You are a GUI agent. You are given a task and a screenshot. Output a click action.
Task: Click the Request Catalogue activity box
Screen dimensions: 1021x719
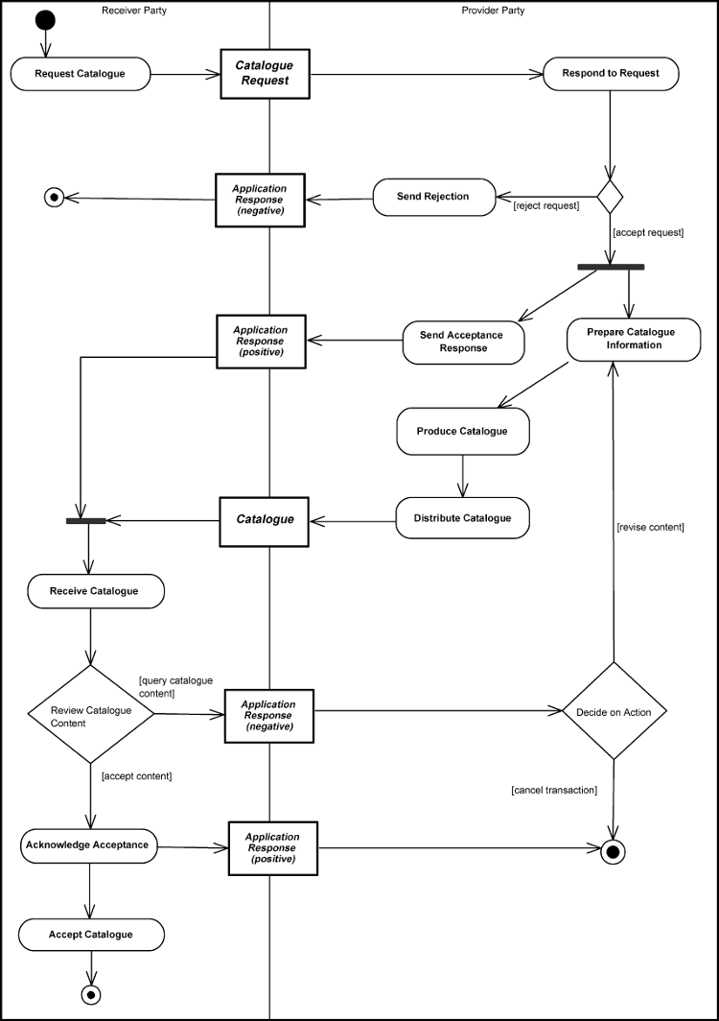tap(81, 74)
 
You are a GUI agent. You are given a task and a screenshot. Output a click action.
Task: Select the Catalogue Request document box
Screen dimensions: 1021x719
tap(265, 74)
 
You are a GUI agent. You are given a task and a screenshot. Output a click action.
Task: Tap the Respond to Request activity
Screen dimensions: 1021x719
tap(611, 73)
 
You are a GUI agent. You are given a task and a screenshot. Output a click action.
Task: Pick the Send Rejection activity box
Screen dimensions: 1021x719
tap(433, 197)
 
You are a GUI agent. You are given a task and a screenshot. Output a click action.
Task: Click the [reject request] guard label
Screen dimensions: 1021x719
tap(546, 205)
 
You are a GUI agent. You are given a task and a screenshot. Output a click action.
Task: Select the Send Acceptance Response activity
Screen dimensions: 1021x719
tap(464, 342)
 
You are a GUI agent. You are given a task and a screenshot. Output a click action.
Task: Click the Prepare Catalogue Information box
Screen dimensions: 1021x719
tap(633, 339)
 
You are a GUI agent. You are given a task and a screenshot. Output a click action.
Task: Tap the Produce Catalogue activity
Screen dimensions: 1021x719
tap(462, 432)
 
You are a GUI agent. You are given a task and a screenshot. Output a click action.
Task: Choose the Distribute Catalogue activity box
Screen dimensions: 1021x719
tap(462, 518)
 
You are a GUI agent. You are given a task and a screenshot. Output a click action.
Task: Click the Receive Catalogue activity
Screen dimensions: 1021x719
tap(95, 591)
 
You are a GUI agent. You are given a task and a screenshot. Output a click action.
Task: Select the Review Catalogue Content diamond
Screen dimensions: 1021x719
tap(90, 716)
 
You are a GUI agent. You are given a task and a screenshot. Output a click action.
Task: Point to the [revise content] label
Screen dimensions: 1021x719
tap(650, 527)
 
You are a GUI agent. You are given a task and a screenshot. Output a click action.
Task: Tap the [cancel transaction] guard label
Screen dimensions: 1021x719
tap(554, 790)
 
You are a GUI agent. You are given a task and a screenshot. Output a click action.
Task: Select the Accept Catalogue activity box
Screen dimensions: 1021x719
tap(91, 934)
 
